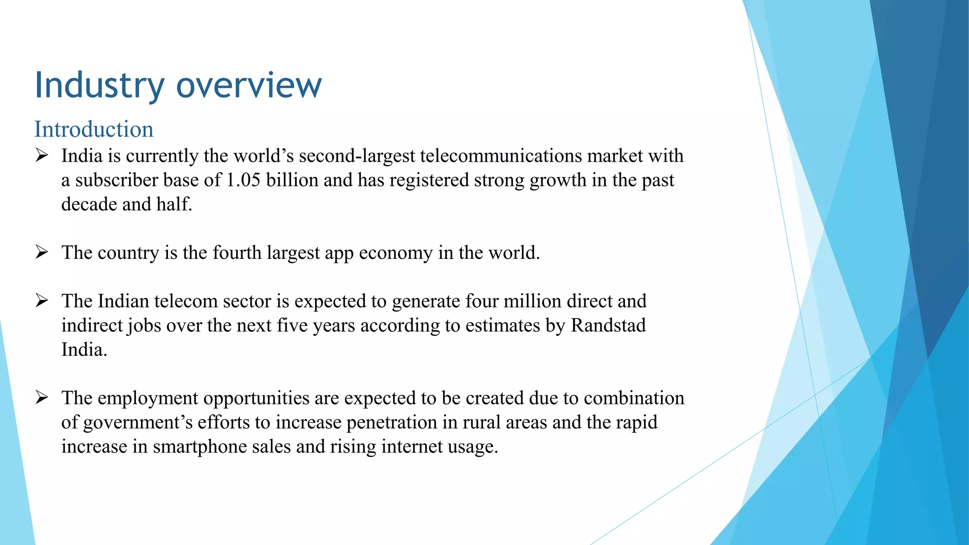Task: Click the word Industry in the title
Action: point(99,85)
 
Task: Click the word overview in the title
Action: point(249,85)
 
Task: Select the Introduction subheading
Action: point(94,129)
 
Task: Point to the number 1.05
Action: point(243,180)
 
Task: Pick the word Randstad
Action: point(608,325)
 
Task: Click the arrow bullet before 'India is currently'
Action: point(42,155)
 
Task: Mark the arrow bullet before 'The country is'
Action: point(42,252)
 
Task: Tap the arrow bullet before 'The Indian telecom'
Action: point(42,300)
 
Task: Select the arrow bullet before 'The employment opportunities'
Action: point(42,397)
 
